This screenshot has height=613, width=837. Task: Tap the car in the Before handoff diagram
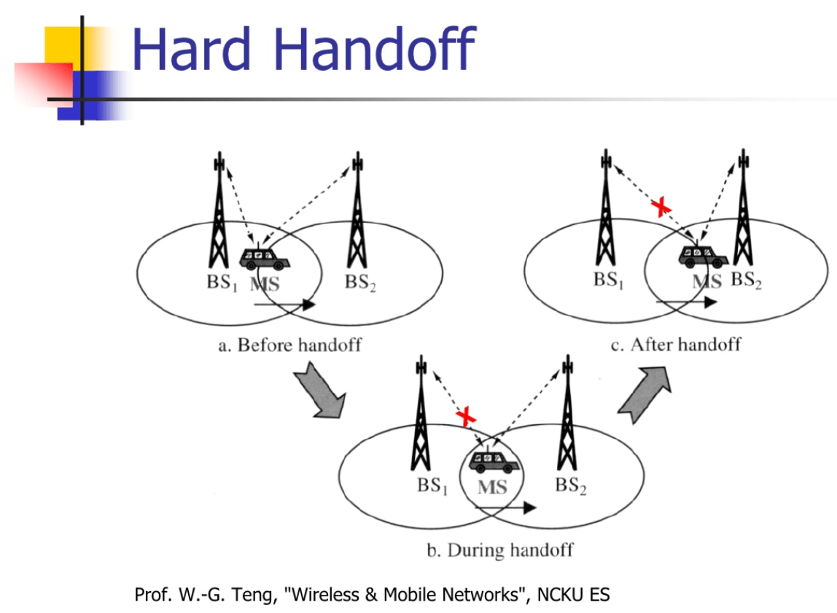pyautogui.click(x=264, y=258)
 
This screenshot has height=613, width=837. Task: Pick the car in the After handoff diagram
pyautogui.click(x=704, y=255)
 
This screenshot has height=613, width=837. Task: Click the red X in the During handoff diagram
pyautogui.click(x=466, y=417)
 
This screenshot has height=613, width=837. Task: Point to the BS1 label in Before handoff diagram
pyautogui.click(x=222, y=283)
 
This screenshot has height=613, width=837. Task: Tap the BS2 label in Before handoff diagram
pyautogui.click(x=360, y=283)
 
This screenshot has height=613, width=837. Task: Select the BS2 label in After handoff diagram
pyautogui.click(x=747, y=281)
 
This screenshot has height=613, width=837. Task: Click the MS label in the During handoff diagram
pyautogui.click(x=491, y=487)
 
